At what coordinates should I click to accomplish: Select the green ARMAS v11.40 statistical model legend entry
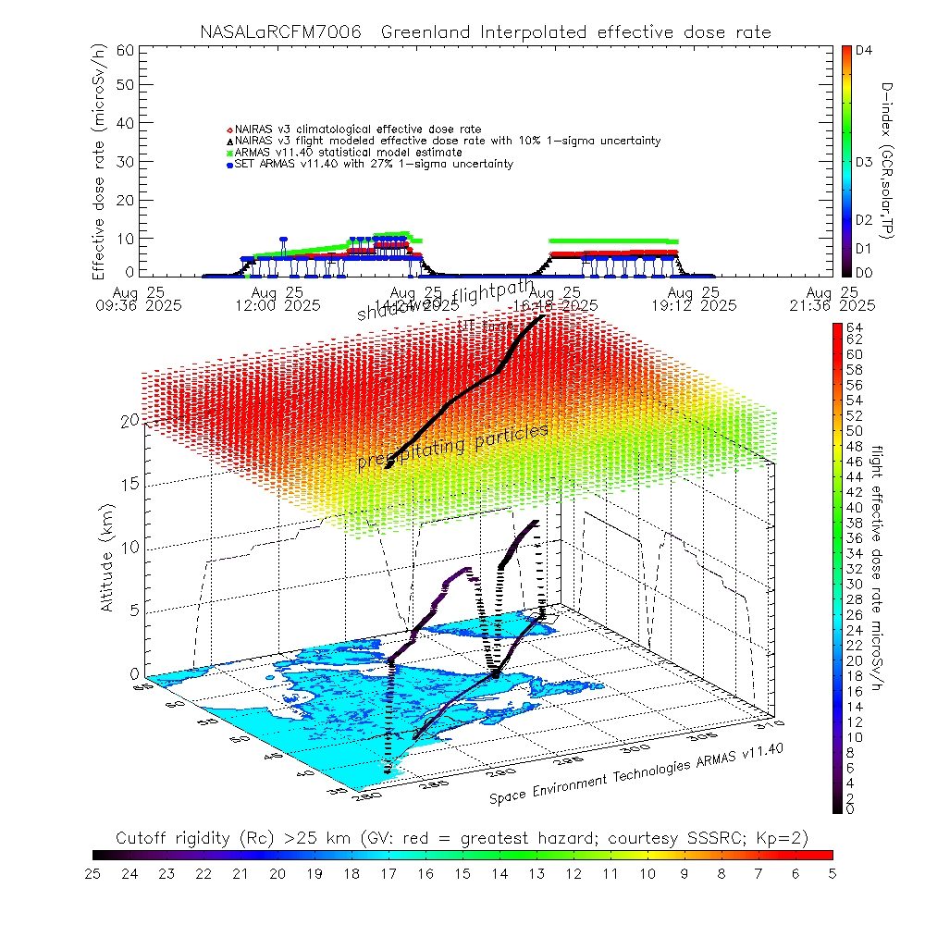pyautogui.click(x=348, y=153)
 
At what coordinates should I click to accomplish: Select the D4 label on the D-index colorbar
pyautogui.click(x=865, y=51)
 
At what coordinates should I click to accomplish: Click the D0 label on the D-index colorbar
pyautogui.click(x=865, y=272)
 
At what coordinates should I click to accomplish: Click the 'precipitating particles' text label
pyautogui.click(x=453, y=448)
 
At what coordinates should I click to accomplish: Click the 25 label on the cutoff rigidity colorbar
pyautogui.click(x=93, y=872)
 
